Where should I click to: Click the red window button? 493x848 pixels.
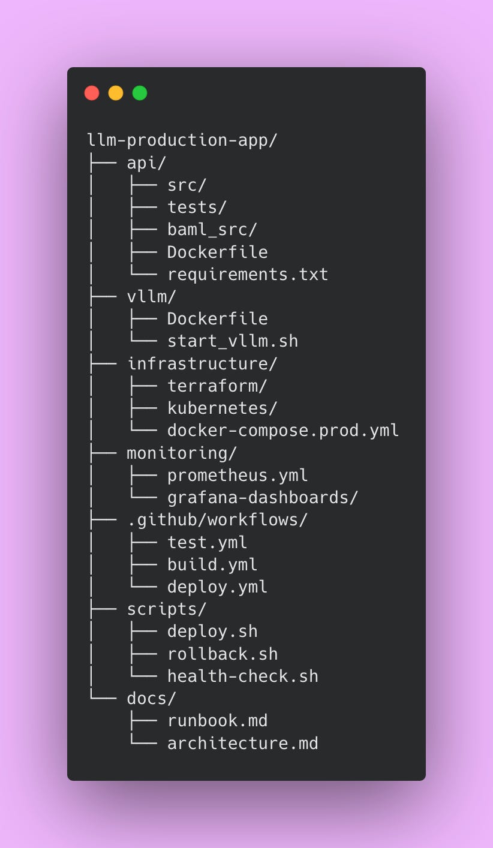click(92, 93)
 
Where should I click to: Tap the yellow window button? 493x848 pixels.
click(116, 93)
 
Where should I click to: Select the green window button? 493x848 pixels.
click(140, 93)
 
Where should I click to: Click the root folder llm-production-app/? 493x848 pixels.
click(182, 140)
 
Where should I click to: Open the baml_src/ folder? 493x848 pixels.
click(212, 230)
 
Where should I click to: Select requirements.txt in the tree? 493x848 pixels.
click(247, 274)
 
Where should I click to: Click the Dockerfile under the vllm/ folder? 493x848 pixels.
click(217, 318)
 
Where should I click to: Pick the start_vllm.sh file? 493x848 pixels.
click(232, 341)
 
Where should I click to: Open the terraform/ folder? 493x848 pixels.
click(217, 386)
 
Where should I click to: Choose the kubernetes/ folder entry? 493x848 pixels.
click(222, 408)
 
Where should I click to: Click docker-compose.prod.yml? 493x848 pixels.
click(282, 431)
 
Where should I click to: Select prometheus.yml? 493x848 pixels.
click(237, 475)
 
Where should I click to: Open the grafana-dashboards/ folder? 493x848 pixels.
click(262, 497)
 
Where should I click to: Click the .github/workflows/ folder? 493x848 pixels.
click(217, 519)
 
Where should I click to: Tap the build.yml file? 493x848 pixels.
click(212, 564)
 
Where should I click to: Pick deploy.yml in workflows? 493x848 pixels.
click(217, 587)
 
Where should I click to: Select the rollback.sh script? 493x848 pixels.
click(222, 654)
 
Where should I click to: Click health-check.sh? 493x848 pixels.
click(242, 676)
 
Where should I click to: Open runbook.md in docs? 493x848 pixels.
click(217, 720)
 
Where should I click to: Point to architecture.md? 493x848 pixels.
click(242, 743)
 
